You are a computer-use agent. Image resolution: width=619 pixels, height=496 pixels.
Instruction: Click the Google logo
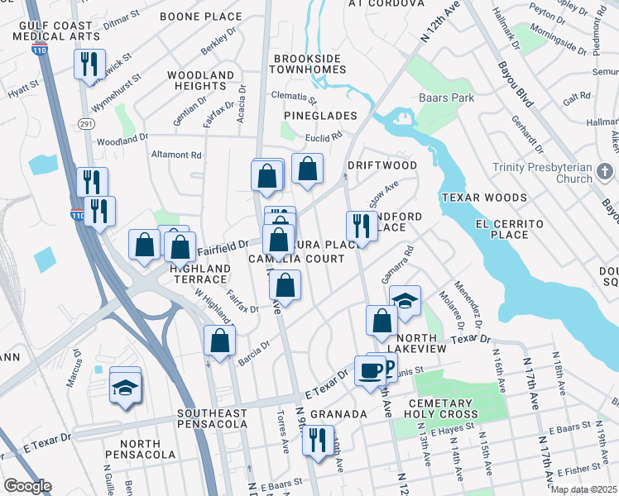coord(27,486)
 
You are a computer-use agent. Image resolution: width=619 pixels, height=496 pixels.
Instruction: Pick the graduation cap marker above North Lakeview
coord(405,302)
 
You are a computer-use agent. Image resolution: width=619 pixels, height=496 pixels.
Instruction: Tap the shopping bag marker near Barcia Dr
coord(220,340)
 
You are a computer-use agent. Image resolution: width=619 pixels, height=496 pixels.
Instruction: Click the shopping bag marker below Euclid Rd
coord(307,169)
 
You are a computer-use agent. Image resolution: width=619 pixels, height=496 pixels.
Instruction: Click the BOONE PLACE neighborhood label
coord(201,17)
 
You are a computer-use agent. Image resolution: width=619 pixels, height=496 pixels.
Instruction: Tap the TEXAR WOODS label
coord(484,198)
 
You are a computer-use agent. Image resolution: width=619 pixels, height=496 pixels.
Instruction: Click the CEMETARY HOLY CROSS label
coord(439,409)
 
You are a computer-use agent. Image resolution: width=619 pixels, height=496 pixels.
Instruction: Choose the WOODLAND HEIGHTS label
coord(201,81)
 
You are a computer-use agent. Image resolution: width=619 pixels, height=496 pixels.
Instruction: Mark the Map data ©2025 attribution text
coord(584,489)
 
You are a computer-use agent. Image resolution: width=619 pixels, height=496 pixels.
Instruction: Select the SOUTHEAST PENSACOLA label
coord(212,418)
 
